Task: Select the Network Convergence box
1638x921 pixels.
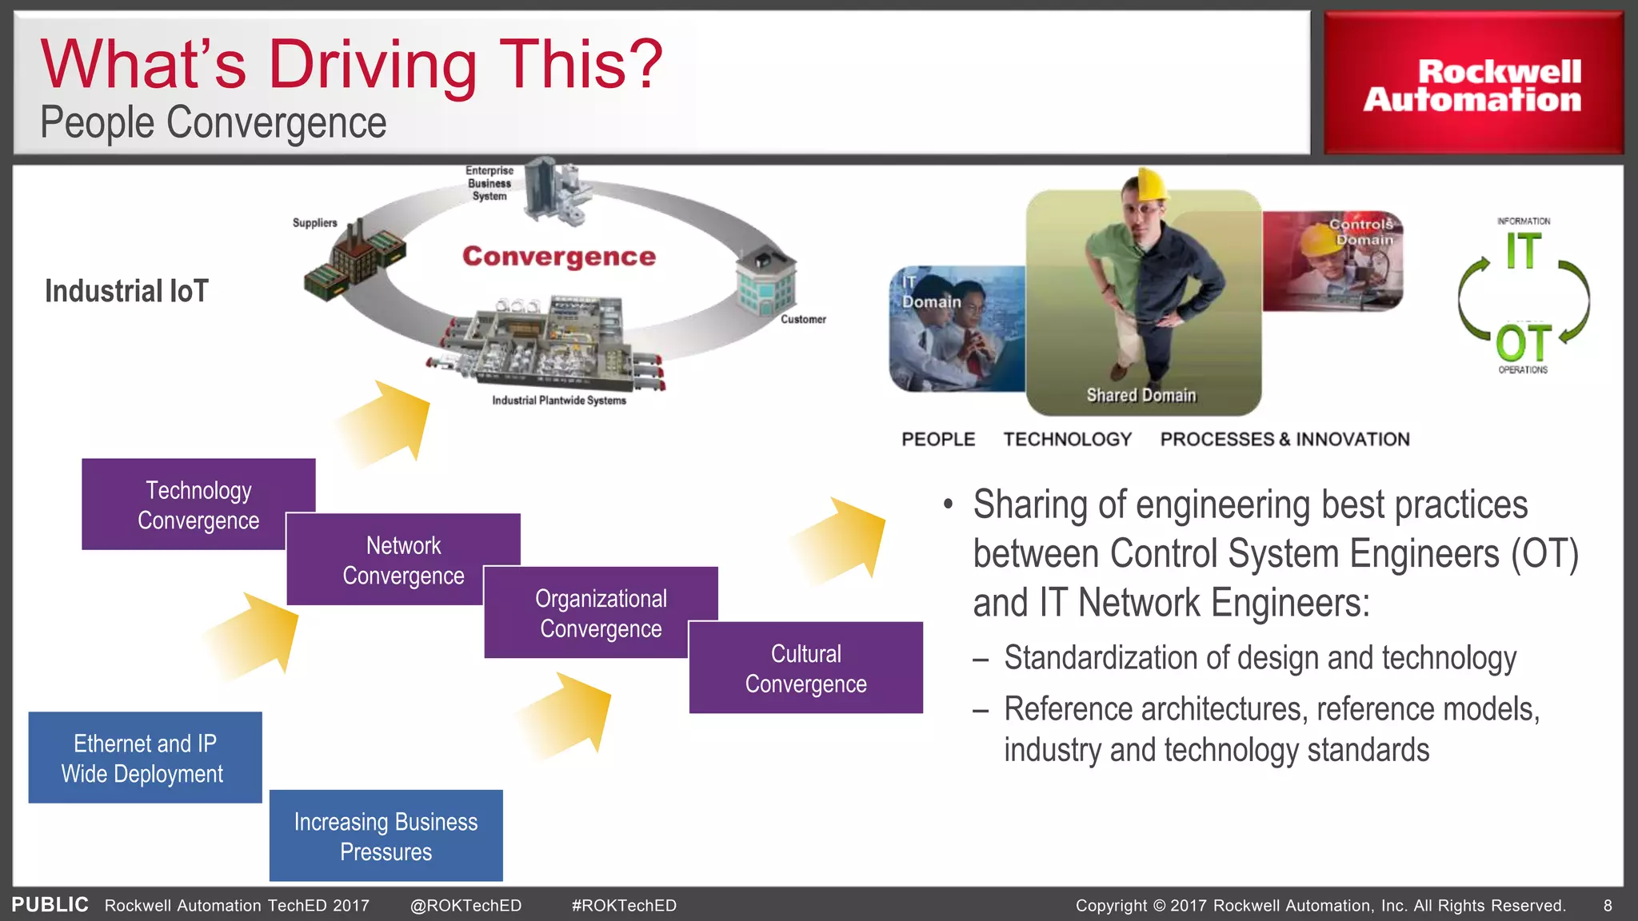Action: (403, 560)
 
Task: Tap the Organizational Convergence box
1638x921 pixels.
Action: (601, 613)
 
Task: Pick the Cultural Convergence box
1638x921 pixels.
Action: (805, 668)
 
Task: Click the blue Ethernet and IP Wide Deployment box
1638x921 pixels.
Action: (145, 758)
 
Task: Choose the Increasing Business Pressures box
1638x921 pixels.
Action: (386, 836)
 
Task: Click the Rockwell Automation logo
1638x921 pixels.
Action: (1472, 85)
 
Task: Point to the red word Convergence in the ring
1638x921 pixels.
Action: (558, 257)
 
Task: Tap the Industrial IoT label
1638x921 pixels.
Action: (126, 291)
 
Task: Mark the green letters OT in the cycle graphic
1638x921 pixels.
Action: (1524, 344)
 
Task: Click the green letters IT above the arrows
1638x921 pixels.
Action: (1524, 251)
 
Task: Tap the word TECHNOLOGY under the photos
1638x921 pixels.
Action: (1067, 440)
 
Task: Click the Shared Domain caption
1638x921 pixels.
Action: (1141, 396)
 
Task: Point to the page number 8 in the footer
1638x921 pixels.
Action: (1608, 906)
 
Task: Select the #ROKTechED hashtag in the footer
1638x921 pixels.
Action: (624, 906)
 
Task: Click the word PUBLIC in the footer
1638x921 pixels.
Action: (50, 905)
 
